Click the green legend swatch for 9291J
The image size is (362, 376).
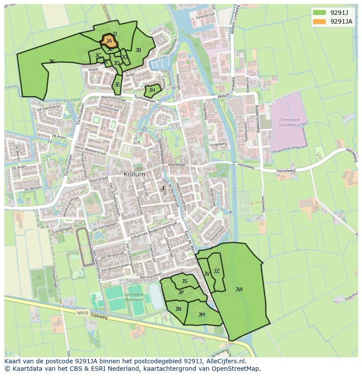[319, 13]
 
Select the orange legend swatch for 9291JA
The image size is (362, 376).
[319, 21]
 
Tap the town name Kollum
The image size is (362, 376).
[134, 174]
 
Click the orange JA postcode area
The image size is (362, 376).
[109, 41]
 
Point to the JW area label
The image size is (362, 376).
[239, 289]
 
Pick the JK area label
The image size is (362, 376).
[52, 62]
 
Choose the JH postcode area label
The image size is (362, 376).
[152, 90]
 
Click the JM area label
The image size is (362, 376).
[202, 314]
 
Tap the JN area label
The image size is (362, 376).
[178, 309]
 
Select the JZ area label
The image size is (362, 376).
[216, 271]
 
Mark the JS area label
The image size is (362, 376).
[184, 281]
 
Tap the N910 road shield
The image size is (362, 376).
[82, 313]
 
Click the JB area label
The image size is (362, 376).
[138, 50]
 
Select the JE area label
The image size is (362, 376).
[117, 85]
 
